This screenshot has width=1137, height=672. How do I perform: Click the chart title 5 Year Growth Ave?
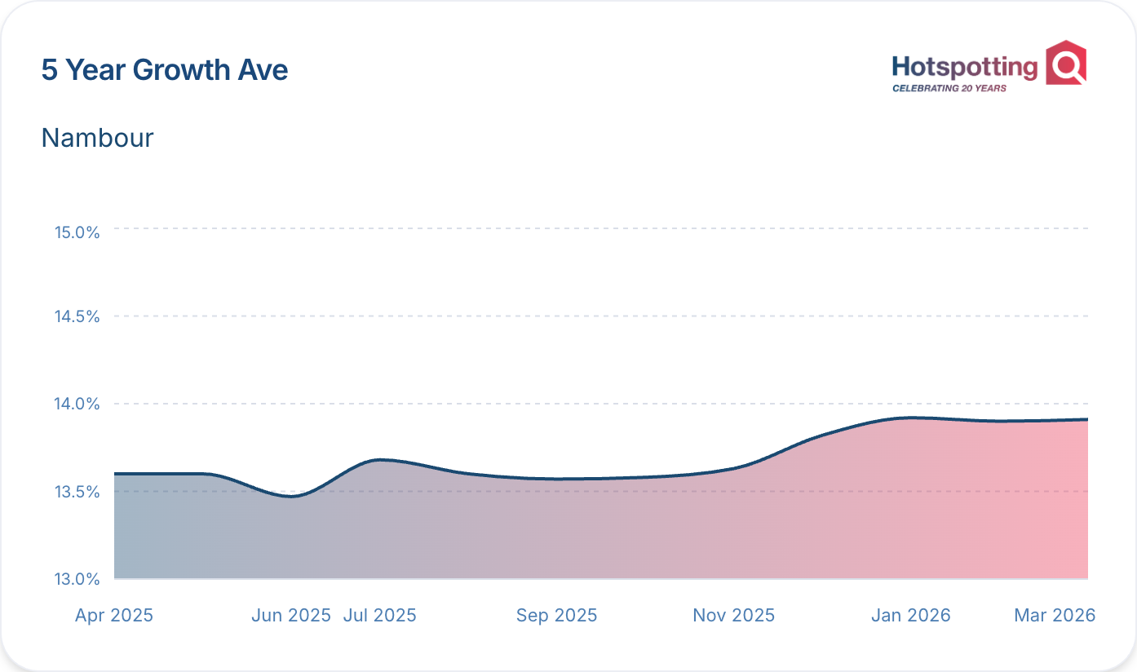[x=165, y=70]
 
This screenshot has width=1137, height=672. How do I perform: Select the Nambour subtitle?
[x=97, y=138]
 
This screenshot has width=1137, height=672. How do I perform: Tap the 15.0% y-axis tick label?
[x=77, y=232]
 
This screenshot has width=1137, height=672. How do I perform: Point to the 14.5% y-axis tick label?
[x=77, y=316]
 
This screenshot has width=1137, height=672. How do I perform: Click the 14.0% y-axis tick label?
[x=77, y=404]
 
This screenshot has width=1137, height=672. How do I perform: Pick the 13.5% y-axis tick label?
[x=77, y=492]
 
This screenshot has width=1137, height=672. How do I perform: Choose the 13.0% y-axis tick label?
[x=77, y=579]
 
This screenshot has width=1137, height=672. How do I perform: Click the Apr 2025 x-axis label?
[x=114, y=616]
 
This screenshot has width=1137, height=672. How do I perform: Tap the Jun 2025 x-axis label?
[x=291, y=616]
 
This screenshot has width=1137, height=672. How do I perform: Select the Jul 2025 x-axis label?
[x=380, y=616]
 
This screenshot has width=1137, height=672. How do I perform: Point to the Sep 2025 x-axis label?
[x=556, y=616]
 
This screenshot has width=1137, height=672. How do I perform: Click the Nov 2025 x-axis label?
[x=733, y=616]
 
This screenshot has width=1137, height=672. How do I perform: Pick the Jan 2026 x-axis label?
[x=910, y=616]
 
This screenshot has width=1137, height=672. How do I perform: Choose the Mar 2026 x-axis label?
[x=1055, y=616]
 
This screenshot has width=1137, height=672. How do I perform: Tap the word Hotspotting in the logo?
[x=964, y=68]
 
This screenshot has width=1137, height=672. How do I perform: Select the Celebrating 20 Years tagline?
[x=949, y=88]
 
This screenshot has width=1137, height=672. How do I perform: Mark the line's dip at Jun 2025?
[x=293, y=496]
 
